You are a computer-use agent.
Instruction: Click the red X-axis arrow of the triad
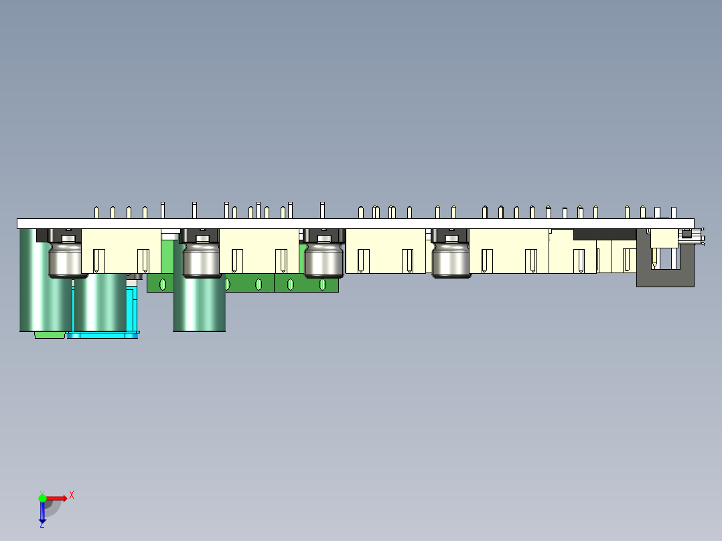58,498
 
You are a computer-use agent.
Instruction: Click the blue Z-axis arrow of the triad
42,512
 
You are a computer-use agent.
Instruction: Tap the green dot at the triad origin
42,497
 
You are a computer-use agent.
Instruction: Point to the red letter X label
72,495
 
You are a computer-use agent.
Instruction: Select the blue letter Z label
42,525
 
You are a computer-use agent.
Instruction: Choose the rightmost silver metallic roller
451,261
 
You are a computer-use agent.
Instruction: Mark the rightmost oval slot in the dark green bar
322,285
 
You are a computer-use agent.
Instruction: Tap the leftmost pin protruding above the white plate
97,212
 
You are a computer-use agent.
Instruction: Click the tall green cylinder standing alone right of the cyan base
199,305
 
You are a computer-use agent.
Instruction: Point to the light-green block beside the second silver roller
167,254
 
